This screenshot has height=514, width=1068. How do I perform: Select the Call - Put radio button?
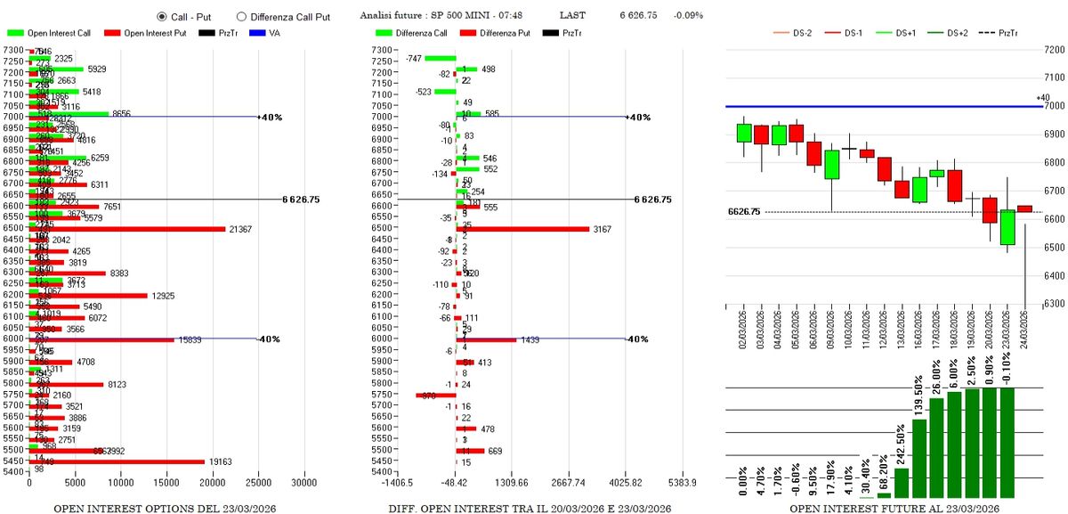161,16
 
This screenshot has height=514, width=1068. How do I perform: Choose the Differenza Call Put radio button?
241,16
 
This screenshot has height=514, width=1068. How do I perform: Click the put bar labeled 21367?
128,229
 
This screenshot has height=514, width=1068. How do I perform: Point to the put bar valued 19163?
118,461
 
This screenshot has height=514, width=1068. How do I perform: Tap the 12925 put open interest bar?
89,295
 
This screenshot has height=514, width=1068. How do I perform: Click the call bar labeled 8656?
69,113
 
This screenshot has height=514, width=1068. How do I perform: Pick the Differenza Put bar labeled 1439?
487,339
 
